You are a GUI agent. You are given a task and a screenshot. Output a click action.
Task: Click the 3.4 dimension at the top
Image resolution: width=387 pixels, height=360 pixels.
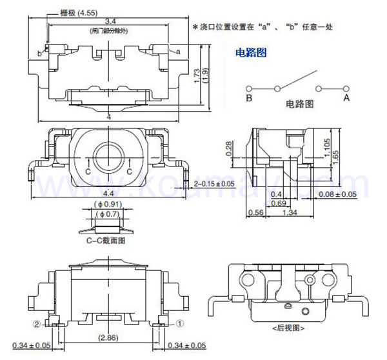click(110, 22)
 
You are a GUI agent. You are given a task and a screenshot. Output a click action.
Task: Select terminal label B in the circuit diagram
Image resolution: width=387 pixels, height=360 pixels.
click(248, 97)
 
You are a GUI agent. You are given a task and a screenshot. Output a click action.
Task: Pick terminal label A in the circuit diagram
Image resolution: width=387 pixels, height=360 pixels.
click(346, 97)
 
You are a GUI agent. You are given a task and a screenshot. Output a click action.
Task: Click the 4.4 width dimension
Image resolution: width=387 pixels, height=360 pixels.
click(110, 193)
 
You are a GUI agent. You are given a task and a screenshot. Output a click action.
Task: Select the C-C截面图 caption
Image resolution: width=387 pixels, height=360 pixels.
click(106, 240)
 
